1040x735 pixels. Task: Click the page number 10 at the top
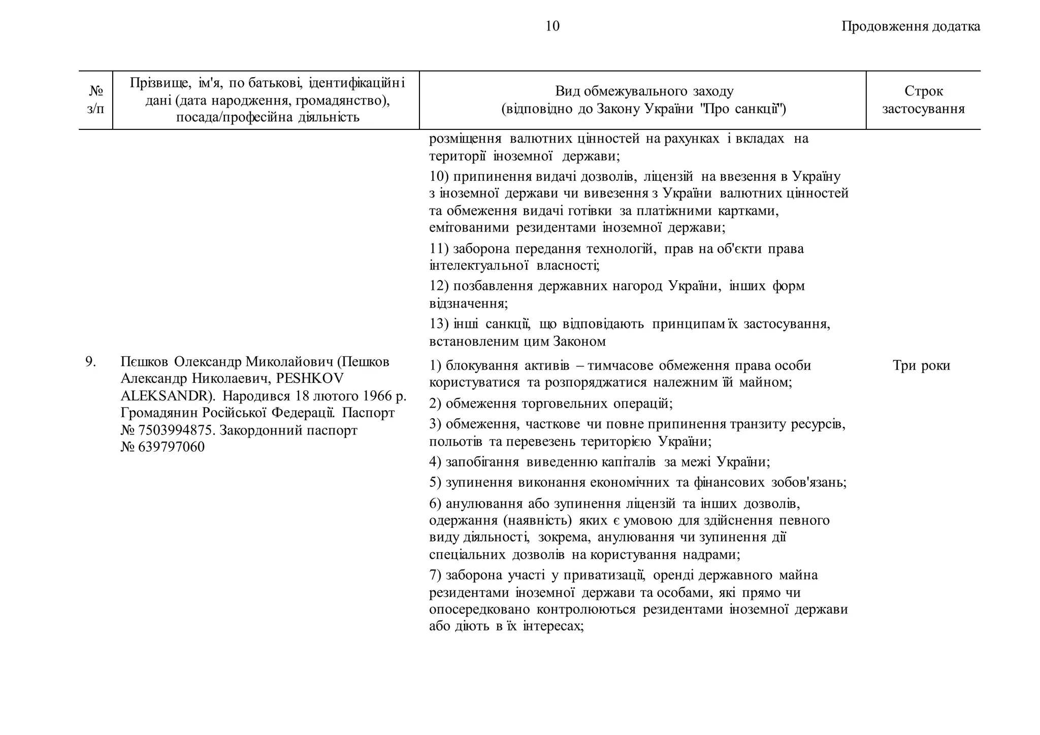[552, 26]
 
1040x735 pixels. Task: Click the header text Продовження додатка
[911, 26]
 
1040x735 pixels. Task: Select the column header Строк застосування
[923, 100]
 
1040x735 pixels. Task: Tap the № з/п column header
[95, 100]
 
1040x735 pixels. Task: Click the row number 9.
[90, 362]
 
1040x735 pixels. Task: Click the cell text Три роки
[921, 365]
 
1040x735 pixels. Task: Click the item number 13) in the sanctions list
[439, 324]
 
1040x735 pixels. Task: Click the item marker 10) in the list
[439, 177]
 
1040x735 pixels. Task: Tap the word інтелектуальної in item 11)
[476, 265]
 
